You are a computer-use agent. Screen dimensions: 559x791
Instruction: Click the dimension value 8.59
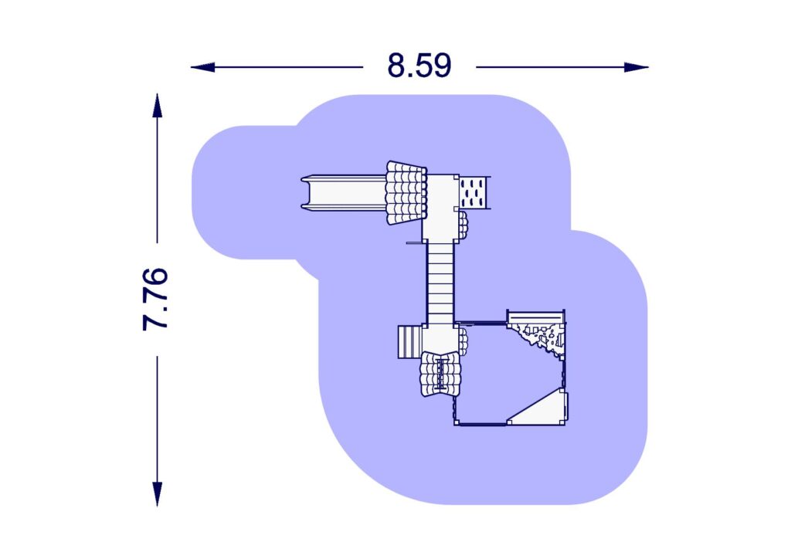click(x=419, y=66)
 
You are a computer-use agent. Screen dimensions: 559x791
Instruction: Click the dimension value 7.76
click(x=156, y=299)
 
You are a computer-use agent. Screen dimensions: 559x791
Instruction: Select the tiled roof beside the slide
click(x=406, y=192)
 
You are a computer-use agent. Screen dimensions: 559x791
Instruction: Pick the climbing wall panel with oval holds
click(x=475, y=191)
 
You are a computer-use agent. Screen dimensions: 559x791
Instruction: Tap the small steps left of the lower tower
click(x=407, y=342)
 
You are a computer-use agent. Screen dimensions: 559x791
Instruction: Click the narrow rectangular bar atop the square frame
click(x=535, y=317)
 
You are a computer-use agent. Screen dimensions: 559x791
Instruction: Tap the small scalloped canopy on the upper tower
click(x=463, y=225)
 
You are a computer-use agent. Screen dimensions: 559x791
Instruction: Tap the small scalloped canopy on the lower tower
click(x=463, y=340)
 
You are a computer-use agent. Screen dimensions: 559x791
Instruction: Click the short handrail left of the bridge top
click(x=415, y=242)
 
